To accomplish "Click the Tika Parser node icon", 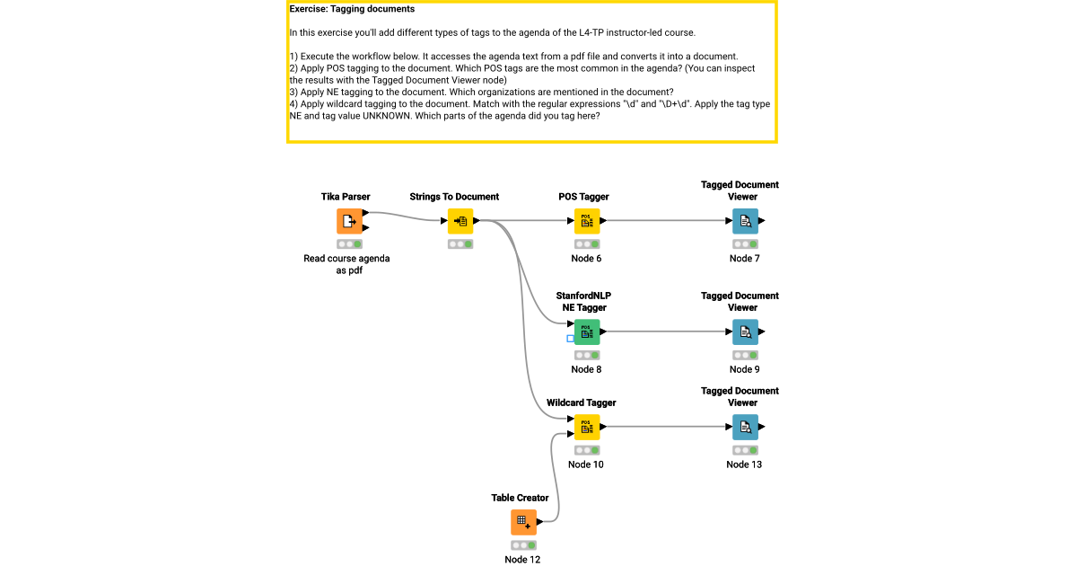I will coord(349,221).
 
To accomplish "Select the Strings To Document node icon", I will coord(460,221).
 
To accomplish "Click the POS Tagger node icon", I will coord(587,221).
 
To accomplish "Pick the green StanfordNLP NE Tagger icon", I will coord(587,332).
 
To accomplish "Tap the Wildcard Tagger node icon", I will coord(587,427).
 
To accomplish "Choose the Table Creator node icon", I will coord(524,522).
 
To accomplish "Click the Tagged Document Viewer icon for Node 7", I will coord(745,221).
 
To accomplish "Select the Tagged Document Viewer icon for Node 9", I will coord(745,332).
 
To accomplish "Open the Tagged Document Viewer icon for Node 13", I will coord(745,427).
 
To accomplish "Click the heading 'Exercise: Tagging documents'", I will coord(352,9).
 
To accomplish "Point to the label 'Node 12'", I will coord(522,560).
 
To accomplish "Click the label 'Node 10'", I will coord(586,464).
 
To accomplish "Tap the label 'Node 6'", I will coord(586,259).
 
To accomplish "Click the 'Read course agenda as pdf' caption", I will coord(346,264).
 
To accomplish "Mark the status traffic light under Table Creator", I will coord(524,545).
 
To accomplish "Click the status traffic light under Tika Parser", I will coord(349,244).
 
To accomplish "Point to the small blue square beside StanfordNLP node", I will coord(570,339).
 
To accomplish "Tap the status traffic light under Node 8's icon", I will coord(587,355).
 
